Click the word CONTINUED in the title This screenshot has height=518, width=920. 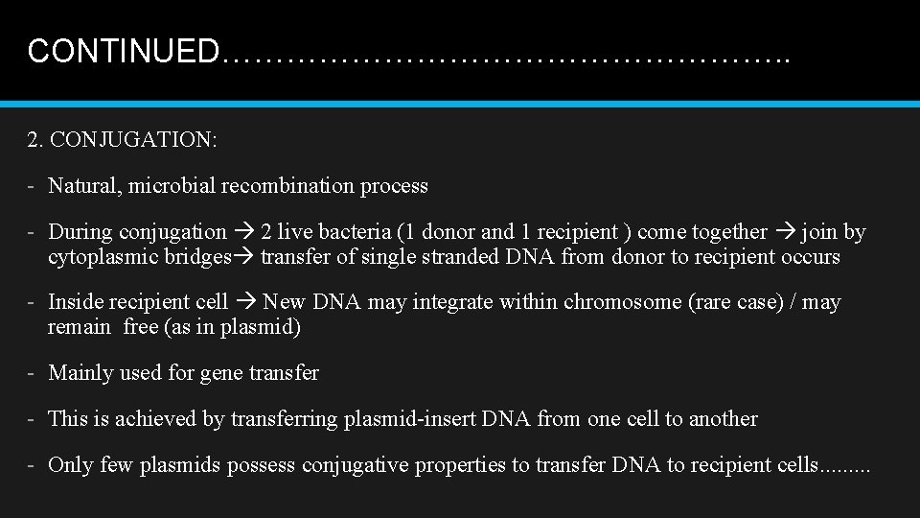click(x=123, y=51)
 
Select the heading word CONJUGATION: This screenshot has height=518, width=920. click(x=134, y=140)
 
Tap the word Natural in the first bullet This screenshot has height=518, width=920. click(x=81, y=186)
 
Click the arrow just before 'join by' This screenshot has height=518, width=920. click(x=784, y=232)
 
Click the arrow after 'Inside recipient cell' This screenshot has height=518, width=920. click(x=245, y=303)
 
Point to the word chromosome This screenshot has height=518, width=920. click(x=623, y=303)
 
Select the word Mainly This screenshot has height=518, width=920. click(x=78, y=373)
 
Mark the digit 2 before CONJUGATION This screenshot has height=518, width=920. click(x=34, y=140)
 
